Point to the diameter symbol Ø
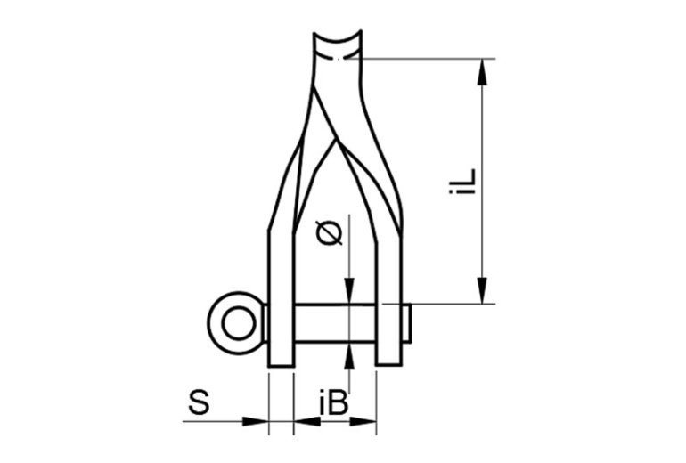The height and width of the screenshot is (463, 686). point(329,233)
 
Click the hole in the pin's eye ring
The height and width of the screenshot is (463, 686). point(237,323)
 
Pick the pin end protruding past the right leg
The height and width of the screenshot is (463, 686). point(405,324)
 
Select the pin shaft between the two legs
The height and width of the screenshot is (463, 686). point(334,324)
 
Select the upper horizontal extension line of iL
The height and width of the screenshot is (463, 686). point(428,59)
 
